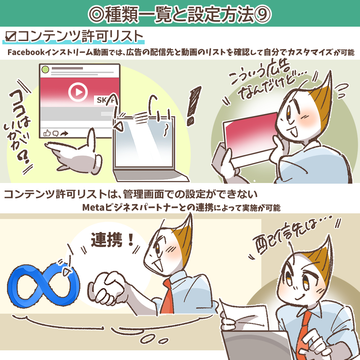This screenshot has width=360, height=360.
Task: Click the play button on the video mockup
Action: [x=78, y=92]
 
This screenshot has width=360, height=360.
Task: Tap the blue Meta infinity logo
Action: [x=44, y=285]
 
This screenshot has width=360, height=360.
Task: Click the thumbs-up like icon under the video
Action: [x=47, y=133]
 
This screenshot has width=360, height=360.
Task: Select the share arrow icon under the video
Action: [x=65, y=133]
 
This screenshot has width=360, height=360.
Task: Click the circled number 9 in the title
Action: [x=262, y=14]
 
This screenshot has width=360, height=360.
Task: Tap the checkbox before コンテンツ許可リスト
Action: [x=10, y=37]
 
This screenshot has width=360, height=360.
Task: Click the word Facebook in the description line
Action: [x=26, y=53]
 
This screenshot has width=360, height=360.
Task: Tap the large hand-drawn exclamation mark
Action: [x=193, y=106]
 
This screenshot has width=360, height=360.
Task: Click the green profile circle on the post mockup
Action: [x=45, y=69]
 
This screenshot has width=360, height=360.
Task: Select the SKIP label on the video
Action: [x=105, y=100]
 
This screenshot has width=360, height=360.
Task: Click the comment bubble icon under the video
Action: [x=56, y=133]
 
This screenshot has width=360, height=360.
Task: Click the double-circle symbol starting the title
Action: [x=97, y=14]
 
